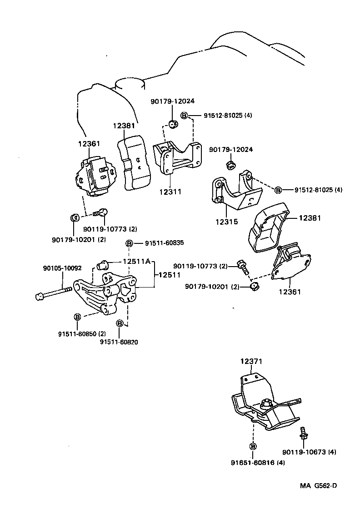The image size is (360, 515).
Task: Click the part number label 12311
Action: [x=170, y=192]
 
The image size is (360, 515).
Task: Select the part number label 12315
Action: [x=226, y=223]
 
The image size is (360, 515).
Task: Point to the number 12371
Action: [x=251, y=362]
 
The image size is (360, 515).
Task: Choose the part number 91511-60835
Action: [x=164, y=243]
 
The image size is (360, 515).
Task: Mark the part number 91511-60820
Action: [x=119, y=342]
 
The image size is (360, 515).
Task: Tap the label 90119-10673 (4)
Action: [x=309, y=452]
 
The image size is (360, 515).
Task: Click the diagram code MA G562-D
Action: [x=318, y=485]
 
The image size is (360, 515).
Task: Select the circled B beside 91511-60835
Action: [x=129, y=243]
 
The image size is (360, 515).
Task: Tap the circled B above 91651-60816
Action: [x=253, y=446]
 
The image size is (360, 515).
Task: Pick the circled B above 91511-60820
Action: [x=120, y=323]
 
